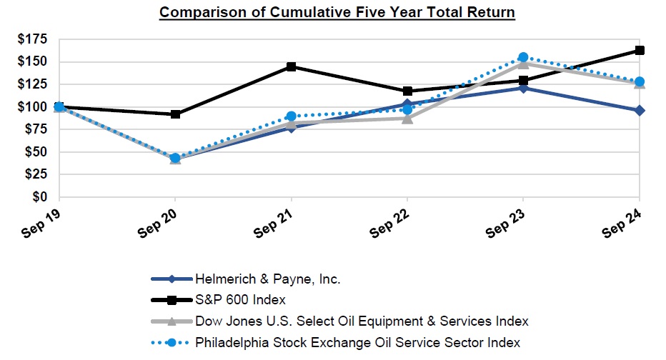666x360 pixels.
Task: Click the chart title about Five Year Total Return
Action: point(337,13)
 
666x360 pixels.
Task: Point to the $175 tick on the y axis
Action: point(33,39)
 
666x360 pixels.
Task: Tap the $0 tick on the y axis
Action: point(39,196)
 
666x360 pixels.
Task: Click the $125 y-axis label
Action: point(33,84)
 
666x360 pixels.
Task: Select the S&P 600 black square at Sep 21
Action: point(292,66)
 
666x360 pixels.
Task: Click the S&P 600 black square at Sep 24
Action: point(639,50)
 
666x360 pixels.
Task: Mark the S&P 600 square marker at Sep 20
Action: point(176,114)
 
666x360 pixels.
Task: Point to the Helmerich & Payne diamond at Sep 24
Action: point(639,110)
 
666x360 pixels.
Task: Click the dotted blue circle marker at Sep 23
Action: point(523,57)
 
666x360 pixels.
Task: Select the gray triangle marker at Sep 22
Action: point(407,119)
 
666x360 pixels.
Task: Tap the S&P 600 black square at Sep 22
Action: point(407,91)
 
